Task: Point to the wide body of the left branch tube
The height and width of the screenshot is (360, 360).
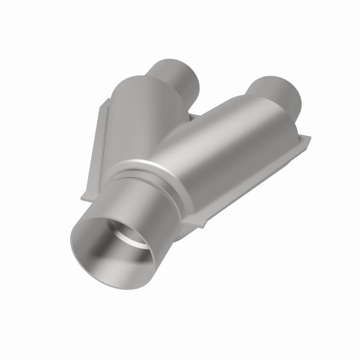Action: click(x=135, y=112)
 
